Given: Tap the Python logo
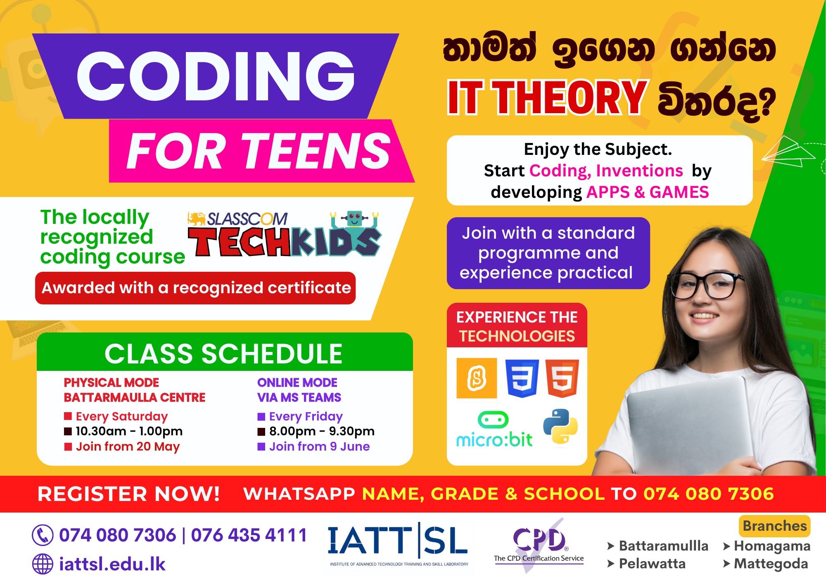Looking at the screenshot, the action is click(x=560, y=427).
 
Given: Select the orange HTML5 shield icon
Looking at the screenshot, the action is click(x=562, y=378).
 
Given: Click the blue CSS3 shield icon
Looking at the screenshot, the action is click(x=522, y=378).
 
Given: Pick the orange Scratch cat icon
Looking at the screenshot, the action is click(x=477, y=378).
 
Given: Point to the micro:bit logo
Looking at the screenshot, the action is click(x=494, y=430).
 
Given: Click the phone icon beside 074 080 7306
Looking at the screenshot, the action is click(x=43, y=535).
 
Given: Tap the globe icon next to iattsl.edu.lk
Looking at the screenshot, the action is click(x=43, y=564).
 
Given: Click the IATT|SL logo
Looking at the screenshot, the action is click(x=398, y=544).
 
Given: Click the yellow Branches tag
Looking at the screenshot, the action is click(x=774, y=526).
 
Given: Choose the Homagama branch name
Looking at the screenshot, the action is click(x=772, y=546).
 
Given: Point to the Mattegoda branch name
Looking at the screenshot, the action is click(x=771, y=564).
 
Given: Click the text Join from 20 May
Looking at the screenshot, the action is click(x=128, y=446).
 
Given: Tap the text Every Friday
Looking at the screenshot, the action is click(x=306, y=416).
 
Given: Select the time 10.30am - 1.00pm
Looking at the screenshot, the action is click(x=129, y=431).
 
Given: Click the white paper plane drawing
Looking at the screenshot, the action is click(x=788, y=152).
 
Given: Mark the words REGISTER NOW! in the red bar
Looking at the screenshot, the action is click(x=128, y=494).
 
